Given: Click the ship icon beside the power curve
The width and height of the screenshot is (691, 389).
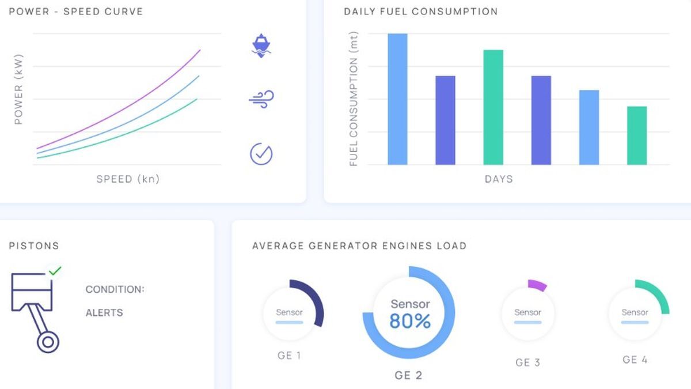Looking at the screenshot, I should (x=261, y=46).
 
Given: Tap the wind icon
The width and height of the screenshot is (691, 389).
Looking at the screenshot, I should (x=261, y=100).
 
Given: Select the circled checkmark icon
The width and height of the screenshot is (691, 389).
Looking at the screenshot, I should (x=261, y=153).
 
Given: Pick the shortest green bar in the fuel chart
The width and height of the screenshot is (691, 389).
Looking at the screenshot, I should (x=637, y=135).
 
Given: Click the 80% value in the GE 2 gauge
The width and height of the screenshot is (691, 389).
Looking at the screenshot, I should (x=409, y=321).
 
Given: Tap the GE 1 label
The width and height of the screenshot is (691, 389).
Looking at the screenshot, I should (x=289, y=356).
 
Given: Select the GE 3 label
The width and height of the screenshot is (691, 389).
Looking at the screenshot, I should (x=527, y=362).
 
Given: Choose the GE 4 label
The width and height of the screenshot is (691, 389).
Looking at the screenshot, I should (x=635, y=360).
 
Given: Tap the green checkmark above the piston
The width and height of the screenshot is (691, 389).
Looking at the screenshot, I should (x=55, y=270).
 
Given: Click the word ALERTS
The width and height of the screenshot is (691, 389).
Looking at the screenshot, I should (x=104, y=313).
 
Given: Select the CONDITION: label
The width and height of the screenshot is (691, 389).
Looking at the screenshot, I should (x=115, y=289).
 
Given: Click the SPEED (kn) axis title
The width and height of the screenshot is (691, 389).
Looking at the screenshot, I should (x=128, y=179).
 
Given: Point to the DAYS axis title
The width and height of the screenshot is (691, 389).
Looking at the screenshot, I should (x=499, y=179).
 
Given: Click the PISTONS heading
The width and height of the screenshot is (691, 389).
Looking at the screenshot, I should (x=34, y=246).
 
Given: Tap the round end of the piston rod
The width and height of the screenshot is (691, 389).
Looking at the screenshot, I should (x=48, y=342).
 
